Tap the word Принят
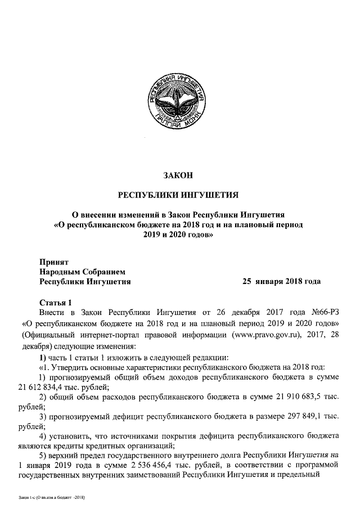(54, 262)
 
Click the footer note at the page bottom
(51, 498)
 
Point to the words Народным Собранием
(82, 271)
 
